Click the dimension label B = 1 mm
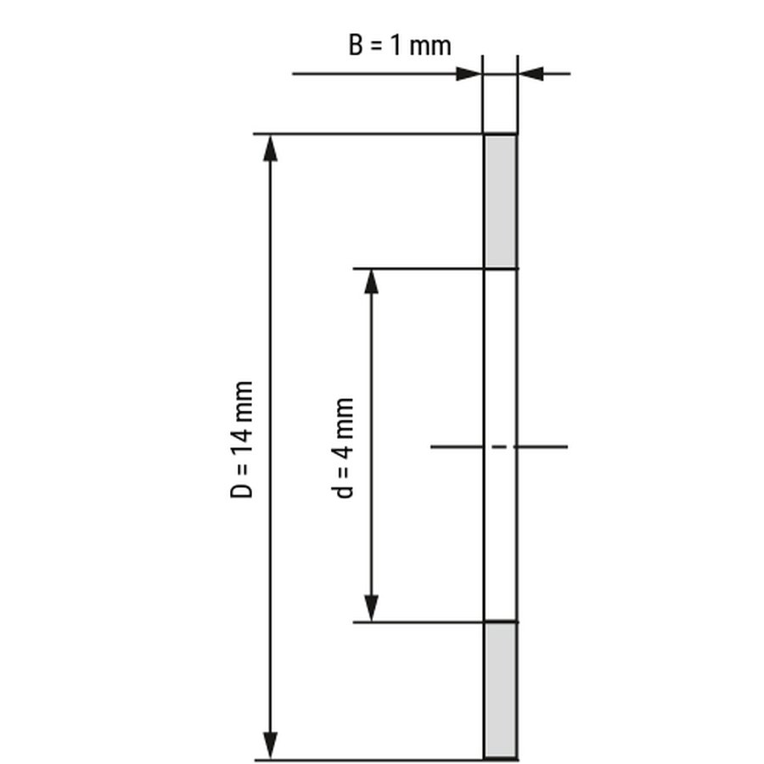pos(400,45)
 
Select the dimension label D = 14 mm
pos(241,440)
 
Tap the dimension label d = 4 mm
pos(342,448)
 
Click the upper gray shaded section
pos(500,200)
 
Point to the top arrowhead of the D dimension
pos(270,148)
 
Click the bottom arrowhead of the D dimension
pos(270,745)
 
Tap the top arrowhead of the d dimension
pos(371,282)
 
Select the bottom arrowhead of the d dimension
pos(371,609)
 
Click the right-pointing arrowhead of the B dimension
pos(469,74)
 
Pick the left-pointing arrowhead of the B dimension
pos(531,74)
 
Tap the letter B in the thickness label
pos(356,45)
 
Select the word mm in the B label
pos(430,48)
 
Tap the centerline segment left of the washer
pos(457,447)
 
